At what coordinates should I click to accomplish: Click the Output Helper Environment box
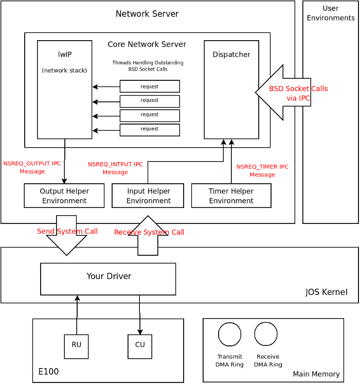pyautogui.click(x=64, y=196)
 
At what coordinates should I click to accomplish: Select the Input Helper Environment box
pyautogui.click(x=148, y=196)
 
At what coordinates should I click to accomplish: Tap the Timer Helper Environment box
pyautogui.click(x=231, y=196)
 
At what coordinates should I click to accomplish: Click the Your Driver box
pyautogui.click(x=108, y=279)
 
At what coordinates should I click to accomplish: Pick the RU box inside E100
pyautogui.click(x=76, y=346)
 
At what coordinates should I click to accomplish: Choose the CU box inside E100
pyautogui.click(x=140, y=346)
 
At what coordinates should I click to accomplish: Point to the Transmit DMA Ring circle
pyautogui.click(x=229, y=334)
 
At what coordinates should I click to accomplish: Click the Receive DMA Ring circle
pyautogui.click(x=266, y=334)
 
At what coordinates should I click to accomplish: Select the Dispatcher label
pyautogui.click(x=231, y=55)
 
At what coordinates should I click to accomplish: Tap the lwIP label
pyautogui.click(x=65, y=55)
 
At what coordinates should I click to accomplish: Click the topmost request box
pyautogui.click(x=150, y=86)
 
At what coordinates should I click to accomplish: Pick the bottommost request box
pyautogui.click(x=150, y=130)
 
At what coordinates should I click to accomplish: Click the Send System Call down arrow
pyautogui.click(x=66, y=235)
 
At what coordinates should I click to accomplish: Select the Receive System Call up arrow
pyautogui.click(x=148, y=236)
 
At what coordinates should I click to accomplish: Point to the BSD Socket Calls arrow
pyautogui.click(x=283, y=93)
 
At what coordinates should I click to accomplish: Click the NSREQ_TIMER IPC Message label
pyautogui.click(x=262, y=170)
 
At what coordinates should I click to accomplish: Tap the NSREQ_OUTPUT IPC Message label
pyautogui.click(x=32, y=167)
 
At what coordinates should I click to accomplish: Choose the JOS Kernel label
pyautogui.click(x=326, y=292)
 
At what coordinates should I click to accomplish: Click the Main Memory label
pyautogui.click(x=316, y=374)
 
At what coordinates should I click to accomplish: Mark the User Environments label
pyautogui.click(x=330, y=13)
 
